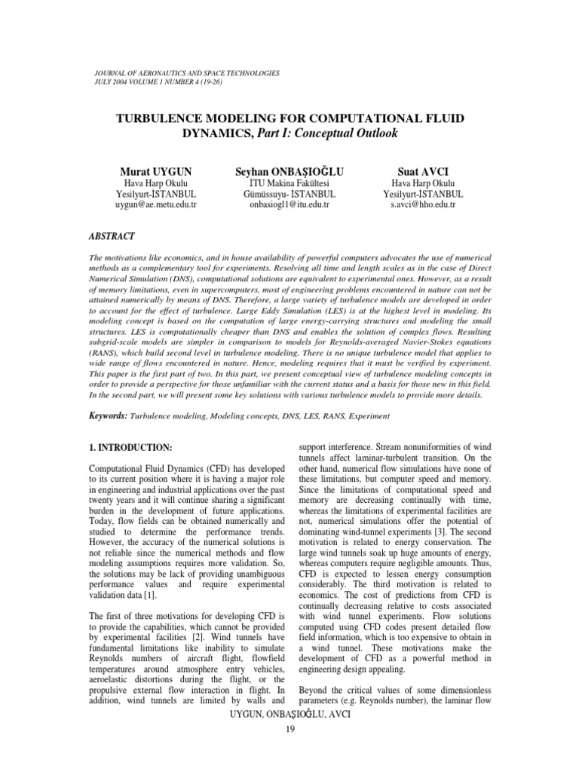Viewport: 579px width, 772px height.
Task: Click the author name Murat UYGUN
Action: click(157, 170)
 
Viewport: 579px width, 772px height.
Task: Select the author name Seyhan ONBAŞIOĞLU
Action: click(289, 170)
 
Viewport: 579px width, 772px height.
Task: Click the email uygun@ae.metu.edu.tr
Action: click(157, 205)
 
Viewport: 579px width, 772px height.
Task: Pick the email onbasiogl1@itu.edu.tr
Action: click(289, 205)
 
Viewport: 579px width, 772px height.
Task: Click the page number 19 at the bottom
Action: click(289, 729)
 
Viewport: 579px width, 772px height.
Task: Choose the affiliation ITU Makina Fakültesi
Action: click(289, 182)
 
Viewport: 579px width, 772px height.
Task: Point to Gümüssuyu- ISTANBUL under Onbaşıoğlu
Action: click(289, 194)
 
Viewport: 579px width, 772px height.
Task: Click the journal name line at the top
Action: click(184, 73)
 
